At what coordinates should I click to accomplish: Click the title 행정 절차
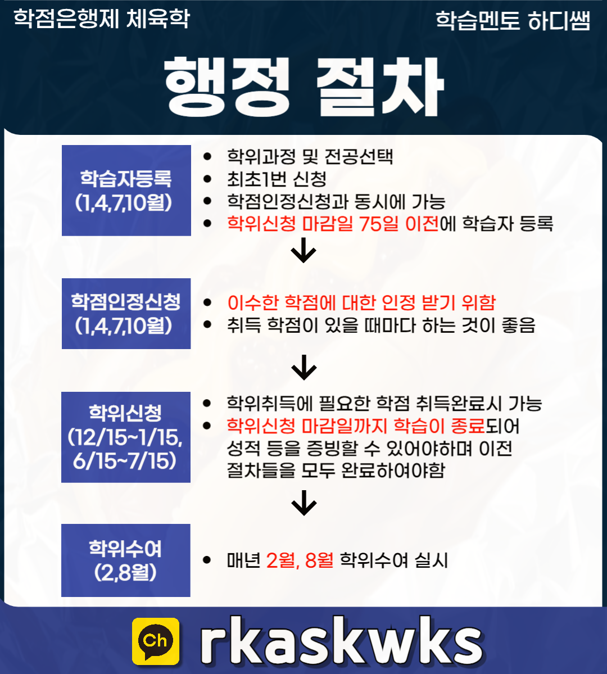[x=304, y=86]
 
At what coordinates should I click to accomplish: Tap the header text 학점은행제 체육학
[x=102, y=19]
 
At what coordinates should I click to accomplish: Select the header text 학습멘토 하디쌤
[x=513, y=21]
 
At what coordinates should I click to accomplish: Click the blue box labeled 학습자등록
[x=126, y=190]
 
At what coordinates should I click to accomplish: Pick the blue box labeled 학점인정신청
[x=126, y=313]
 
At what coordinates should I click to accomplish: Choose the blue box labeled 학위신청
[x=126, y=437]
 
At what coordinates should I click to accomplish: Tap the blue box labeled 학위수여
[x=126, y=560]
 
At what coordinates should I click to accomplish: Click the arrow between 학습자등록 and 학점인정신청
[x=304, y=251]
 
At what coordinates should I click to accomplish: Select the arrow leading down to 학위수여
[x=304, y=503]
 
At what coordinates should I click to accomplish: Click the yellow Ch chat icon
[x=156, y=641]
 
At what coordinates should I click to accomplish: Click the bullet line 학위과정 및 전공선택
[x=310, y=156]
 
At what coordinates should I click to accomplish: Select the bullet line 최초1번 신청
[x=277, y=179]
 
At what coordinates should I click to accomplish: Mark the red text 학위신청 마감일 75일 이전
[x=333, y=224]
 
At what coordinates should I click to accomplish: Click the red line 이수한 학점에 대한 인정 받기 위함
[x=361, y=302]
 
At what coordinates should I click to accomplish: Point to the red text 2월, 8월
[x=300, y=560]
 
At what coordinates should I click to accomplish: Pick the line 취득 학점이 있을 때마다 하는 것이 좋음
[x=381, y=325]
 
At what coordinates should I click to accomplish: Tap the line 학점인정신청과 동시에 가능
[x=336, y=201]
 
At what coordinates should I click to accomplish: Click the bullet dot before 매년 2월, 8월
[x=207, y=560]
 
